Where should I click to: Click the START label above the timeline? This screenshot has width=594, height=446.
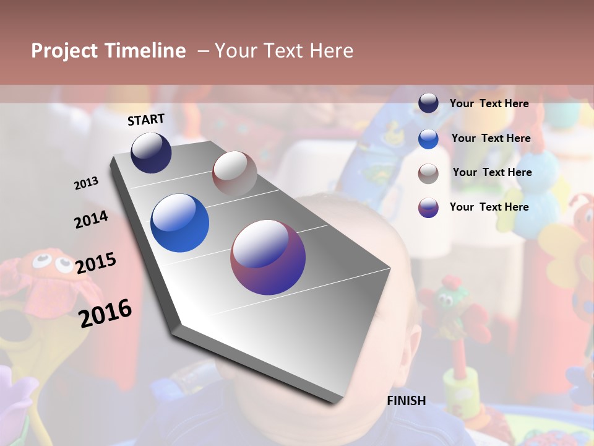tap(146, 120)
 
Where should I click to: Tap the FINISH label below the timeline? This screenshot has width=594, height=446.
tap(407, 401)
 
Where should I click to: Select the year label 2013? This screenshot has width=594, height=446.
tap(86, 183)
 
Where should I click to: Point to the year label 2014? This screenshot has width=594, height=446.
tap(91, 219)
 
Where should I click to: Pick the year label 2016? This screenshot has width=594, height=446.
tap(105, 313)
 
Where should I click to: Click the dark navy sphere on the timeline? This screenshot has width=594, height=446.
tap(151, 152)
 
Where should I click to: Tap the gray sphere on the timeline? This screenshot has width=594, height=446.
tap(235, 173)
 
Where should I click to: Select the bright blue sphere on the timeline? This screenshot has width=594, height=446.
tap(179, 223)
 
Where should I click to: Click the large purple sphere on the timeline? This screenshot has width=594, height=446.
tap(268, 257)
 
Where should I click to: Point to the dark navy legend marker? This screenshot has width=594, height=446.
tap(428, 103)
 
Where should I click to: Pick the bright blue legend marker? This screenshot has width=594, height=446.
tap(428, 139)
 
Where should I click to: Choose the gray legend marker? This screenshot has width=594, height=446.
tap(428, 173)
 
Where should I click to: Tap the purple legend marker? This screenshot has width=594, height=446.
tap(428, 208)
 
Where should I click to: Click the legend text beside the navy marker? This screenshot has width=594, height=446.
tap(489, 103)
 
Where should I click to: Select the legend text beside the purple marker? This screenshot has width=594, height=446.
tap(489, 207)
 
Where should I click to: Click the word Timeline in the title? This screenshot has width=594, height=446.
tap(145, 51)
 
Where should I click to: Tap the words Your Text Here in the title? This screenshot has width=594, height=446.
tap(284, 51)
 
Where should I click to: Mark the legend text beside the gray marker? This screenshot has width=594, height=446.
tap(492, 172)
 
